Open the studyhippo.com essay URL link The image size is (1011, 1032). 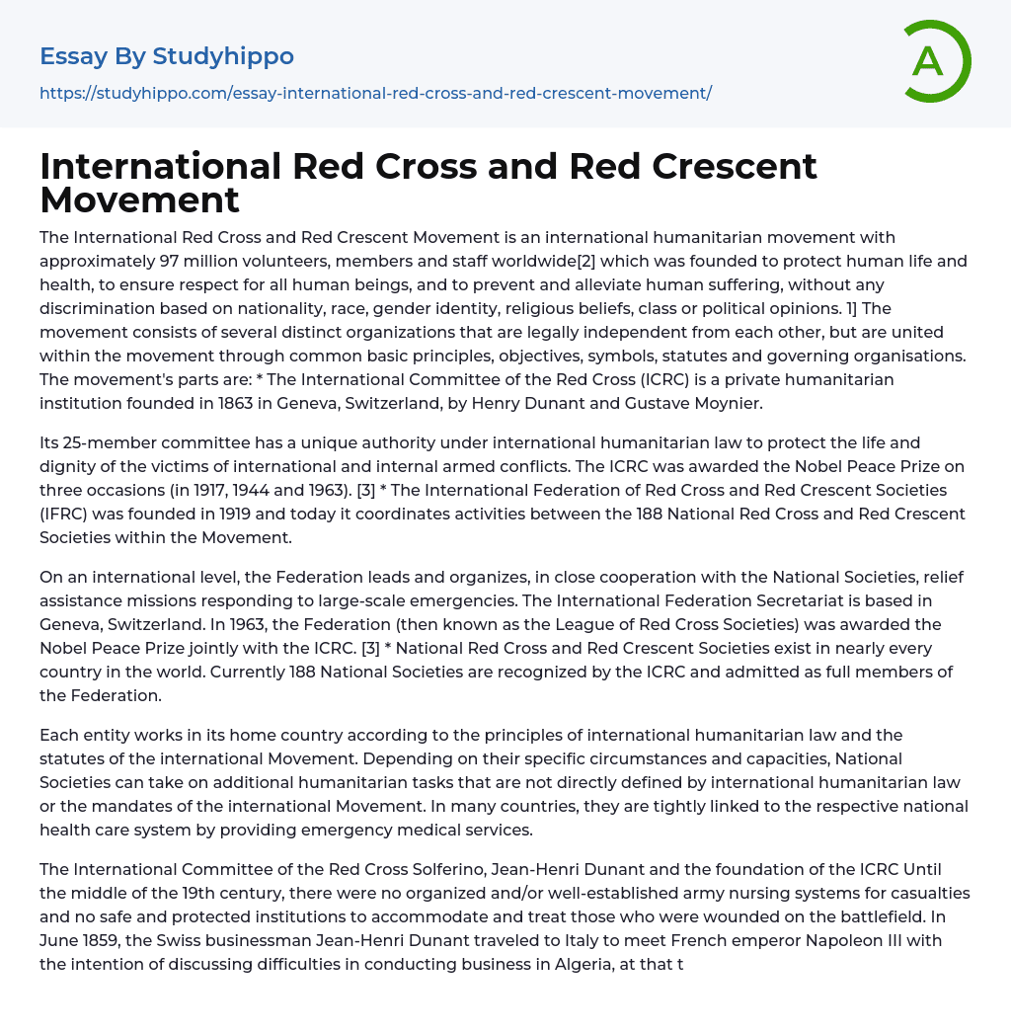pyautogui.click(x=375, y=93)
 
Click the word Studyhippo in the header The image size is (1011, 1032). pyautogui.click(x=223, y=56)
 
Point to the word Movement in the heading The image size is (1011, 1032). pyautogui.click(x=139, y=199)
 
